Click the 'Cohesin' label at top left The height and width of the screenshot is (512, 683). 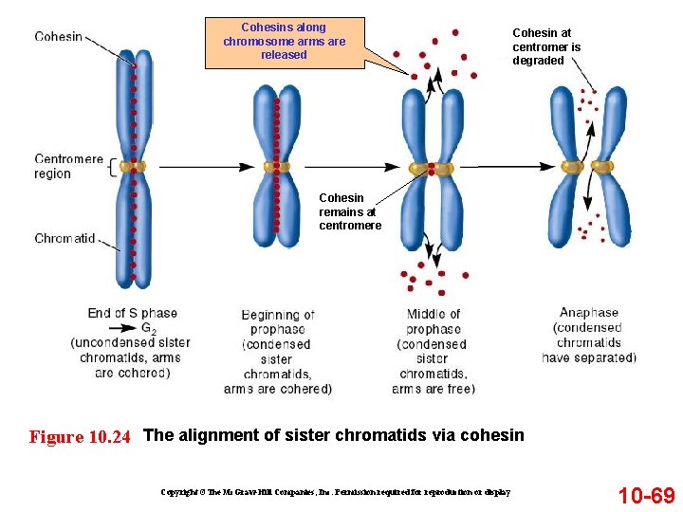[x=58, y=37]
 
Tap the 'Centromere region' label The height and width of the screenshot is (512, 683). [x=68, y=166]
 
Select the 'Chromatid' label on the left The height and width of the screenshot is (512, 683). [x=65, y=238]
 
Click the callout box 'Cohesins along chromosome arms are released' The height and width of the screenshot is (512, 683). [x=285, y=42]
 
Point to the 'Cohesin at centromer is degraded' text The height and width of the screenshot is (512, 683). [x=546, y=46]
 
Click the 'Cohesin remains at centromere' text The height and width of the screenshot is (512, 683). [x=350, y=212]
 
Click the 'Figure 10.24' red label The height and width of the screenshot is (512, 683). [x=80, y=437]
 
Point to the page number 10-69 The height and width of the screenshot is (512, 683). [x=646, y=495]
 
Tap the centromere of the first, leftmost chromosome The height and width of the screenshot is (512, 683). [x=134, y=167]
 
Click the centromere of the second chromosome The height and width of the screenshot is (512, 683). [x=277, y=167]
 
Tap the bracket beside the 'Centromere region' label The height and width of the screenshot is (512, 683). [x=113, y=168]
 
